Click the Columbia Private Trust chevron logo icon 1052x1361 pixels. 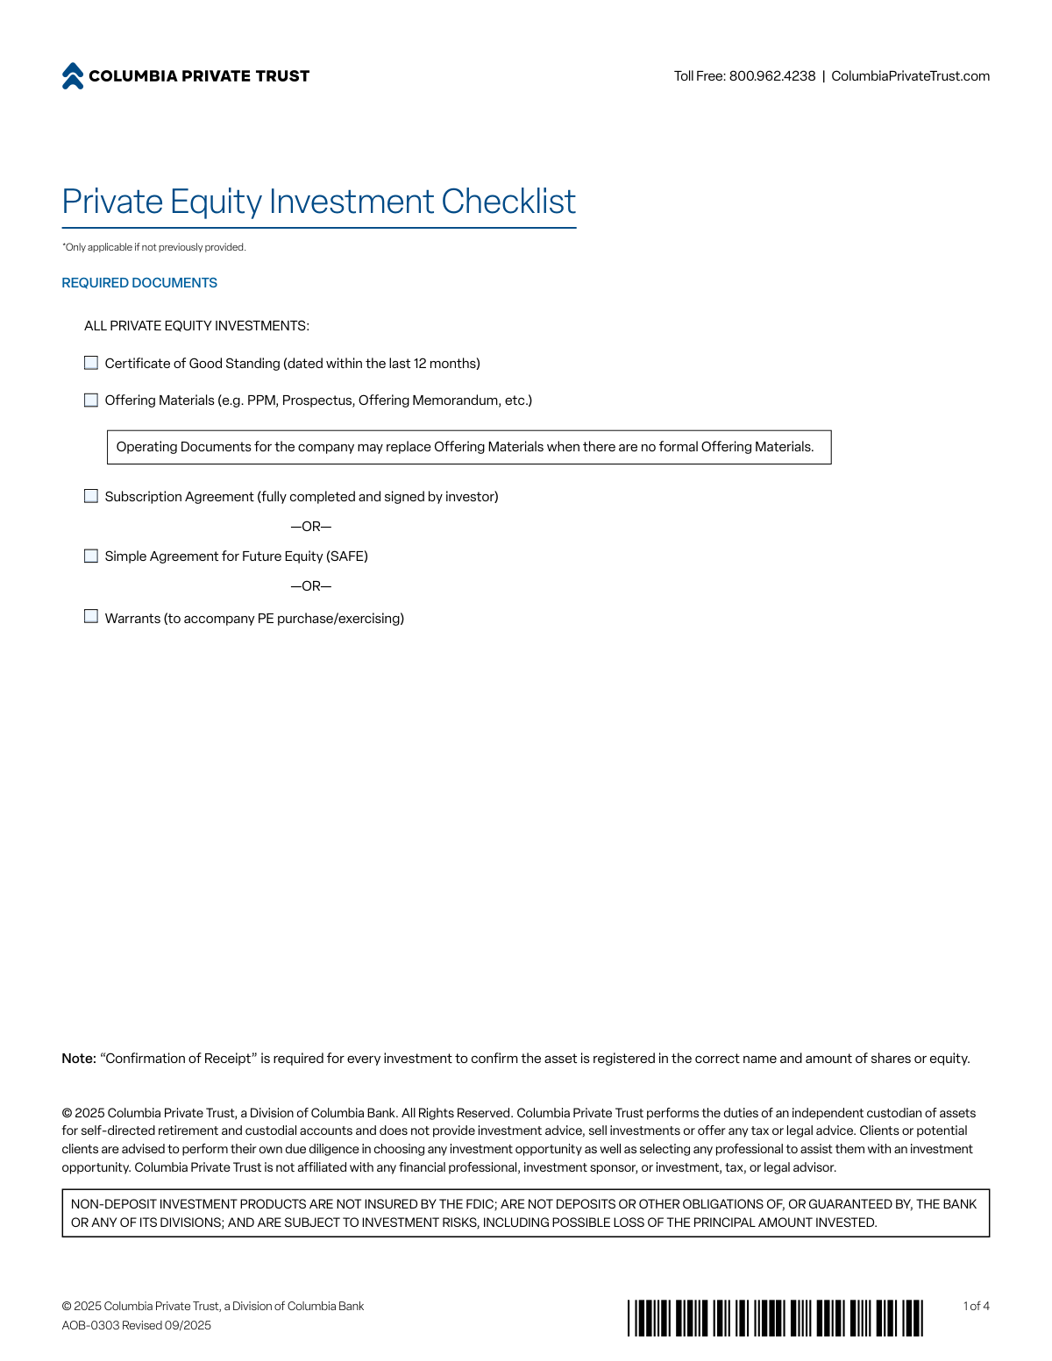[73, 76]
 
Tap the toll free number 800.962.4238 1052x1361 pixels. [771, 76]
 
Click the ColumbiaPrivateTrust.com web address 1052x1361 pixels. [910, 76]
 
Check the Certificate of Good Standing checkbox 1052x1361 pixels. [91, 363]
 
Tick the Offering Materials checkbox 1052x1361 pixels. [91, 401]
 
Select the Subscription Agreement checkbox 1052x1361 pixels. [91, 496]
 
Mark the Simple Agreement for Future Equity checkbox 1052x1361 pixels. [91, 556]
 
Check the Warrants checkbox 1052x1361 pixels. [91, 617]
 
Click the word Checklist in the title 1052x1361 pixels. [508, 202]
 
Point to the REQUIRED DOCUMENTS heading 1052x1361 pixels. [139, 283]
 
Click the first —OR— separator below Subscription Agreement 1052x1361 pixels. [311, 527]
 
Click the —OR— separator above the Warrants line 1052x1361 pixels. [311, 586]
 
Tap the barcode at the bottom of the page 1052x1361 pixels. [775, 1318]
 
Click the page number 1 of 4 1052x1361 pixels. [976, 1306]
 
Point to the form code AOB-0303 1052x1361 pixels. [90, 1325]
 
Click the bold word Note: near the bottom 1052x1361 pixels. [79, 1059]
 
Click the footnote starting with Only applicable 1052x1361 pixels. [154, 247]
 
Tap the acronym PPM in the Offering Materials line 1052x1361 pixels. [261, 401]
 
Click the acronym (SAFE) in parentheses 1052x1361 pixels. [347, 556]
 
